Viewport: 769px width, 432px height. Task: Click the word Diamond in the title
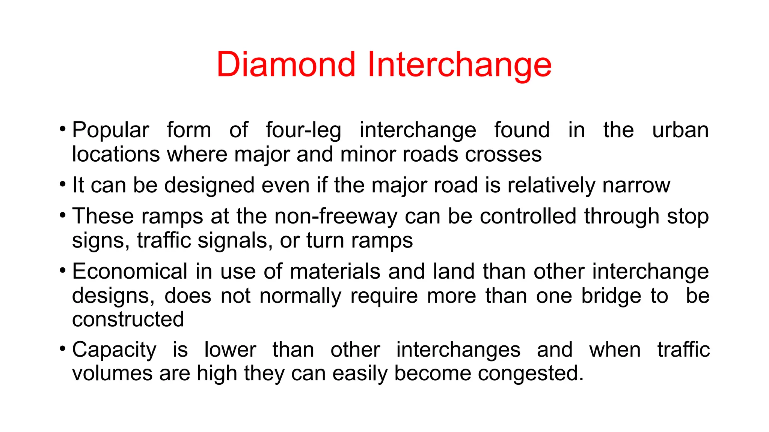(286, 64)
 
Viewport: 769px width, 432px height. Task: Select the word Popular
(111, 130)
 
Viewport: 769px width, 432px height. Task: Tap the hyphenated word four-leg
(303, 130)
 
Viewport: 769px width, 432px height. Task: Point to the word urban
(680, 130)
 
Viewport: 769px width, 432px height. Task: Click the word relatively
(551, 185)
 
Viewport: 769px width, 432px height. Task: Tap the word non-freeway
(336, 216)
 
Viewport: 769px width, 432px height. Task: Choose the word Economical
(130, 271)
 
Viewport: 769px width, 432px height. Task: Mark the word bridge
(611, 296)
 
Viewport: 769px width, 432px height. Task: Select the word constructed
(128, 319)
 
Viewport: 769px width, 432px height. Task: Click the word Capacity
(114, 350)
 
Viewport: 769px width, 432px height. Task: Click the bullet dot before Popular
(62, 129)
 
